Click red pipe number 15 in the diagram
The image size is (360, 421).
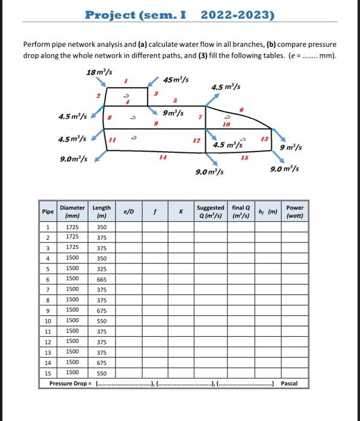[244, 158]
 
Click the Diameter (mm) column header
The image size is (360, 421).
[73, 212]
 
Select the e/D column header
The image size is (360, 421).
[129, 212]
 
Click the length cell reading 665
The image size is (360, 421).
[101, 280]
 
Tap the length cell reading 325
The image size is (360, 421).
[101, 269]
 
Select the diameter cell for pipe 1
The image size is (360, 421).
[72, 228]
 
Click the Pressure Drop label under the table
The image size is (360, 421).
[69, 383]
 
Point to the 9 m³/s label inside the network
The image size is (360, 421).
[173, 112]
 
